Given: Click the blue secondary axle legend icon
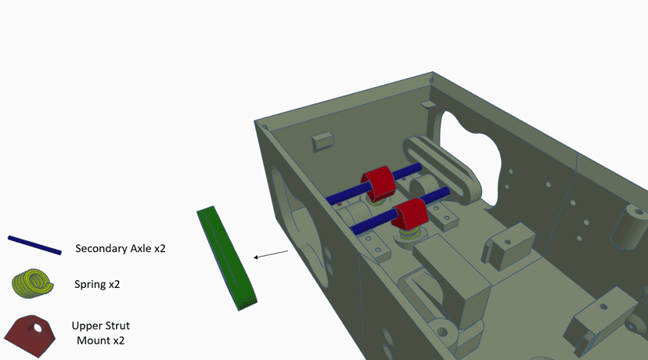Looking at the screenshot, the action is point(34,245).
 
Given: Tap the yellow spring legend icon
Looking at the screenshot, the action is point(33,283).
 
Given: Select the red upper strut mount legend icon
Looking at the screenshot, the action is point(30,336).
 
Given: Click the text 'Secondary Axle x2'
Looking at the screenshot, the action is point(121,248).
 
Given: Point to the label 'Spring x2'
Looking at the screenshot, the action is point(97,284).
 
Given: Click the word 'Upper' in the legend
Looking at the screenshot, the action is point(86,326).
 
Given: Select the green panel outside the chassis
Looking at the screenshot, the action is point(226,258).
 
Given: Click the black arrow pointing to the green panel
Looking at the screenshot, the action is point(271,254).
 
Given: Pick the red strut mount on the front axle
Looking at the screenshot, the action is point(409,214).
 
